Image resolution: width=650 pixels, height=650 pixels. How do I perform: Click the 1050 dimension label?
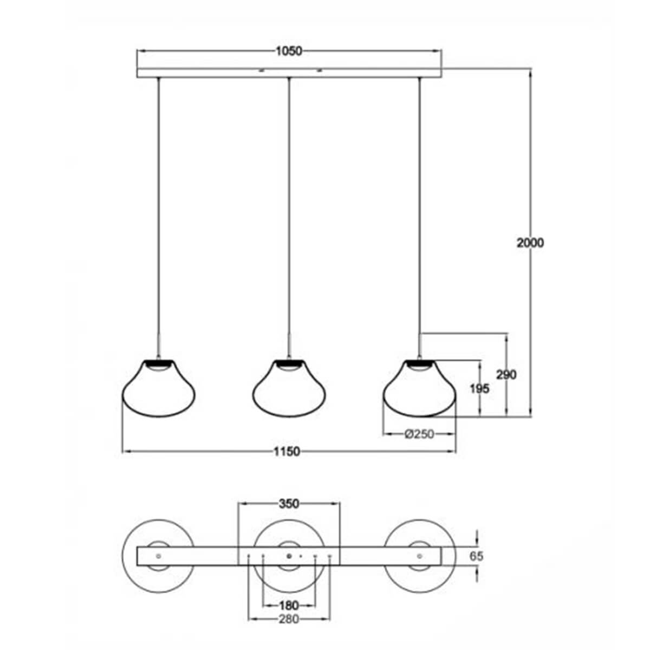(x=288, y=51)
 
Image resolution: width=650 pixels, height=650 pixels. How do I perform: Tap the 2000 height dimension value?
(x=530, y=243)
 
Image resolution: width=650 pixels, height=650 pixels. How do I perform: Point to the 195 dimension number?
(x=480, y=388)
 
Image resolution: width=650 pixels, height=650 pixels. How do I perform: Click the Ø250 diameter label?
(x=419, y=434)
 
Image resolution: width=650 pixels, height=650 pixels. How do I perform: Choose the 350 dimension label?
(x=289, y=504)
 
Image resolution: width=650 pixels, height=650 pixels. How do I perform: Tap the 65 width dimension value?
(x=477, y=556)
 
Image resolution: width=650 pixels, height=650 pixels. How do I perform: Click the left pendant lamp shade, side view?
(x=158, y=390)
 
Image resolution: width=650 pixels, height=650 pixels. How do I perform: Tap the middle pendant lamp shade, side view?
(x=289, y=390)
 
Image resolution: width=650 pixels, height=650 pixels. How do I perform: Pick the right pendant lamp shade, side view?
(x=419, y=390)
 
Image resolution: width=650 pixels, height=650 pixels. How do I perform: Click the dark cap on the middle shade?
(x=289, y=362)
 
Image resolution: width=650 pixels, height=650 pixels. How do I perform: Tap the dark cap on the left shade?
(x=158, y=362)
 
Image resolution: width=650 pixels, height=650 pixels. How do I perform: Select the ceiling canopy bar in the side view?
(x=289, y=73)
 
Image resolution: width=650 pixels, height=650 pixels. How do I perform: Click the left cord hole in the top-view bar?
(x=158, y=556)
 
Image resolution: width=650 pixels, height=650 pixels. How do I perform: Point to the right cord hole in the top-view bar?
(x=419, y=556)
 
